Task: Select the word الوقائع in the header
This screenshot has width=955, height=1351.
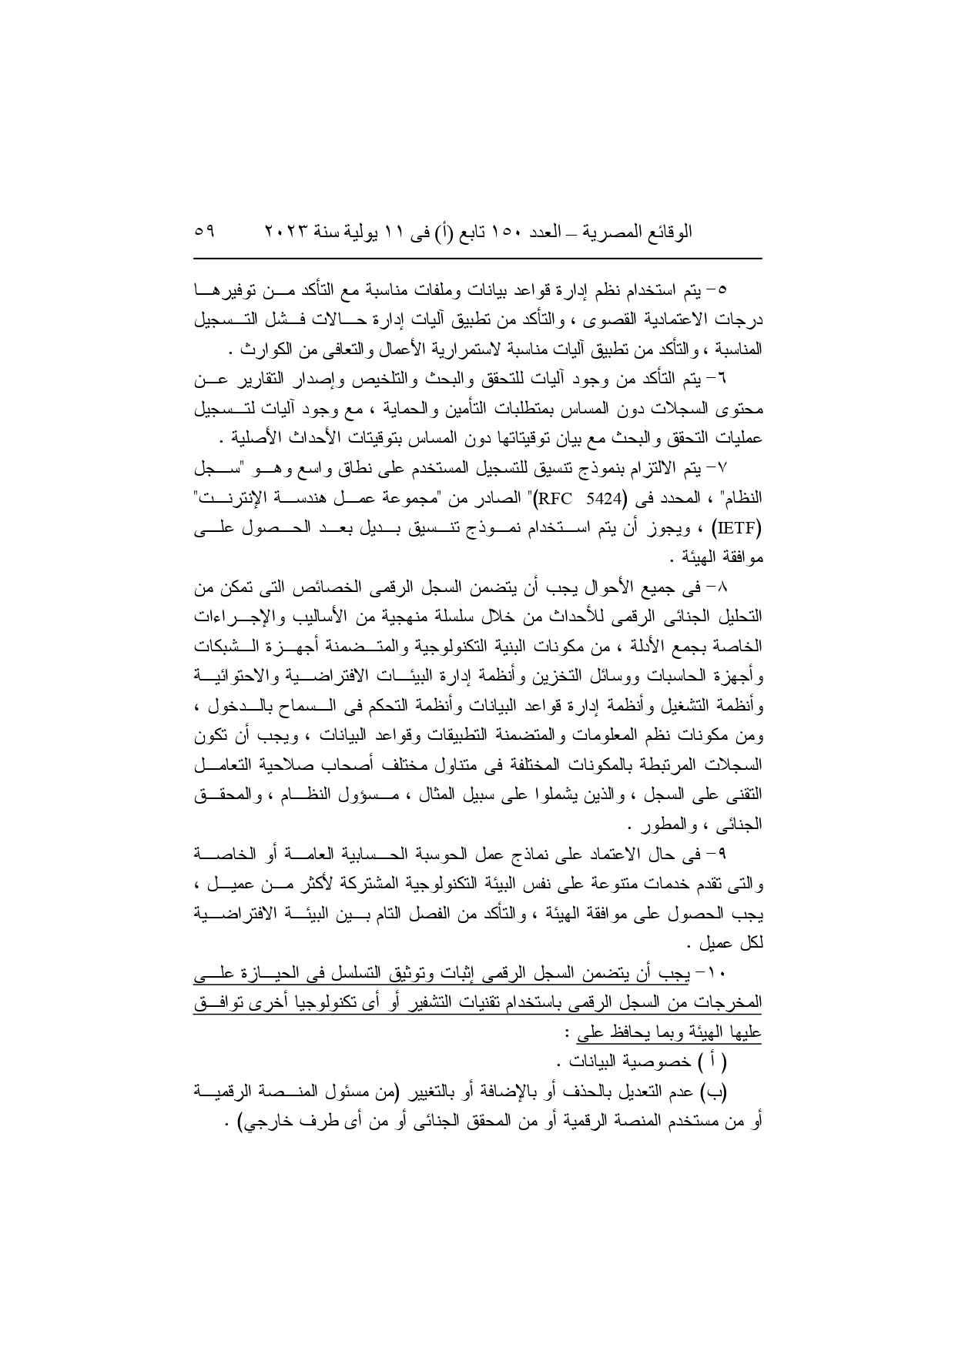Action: click(x=668, y=231)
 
